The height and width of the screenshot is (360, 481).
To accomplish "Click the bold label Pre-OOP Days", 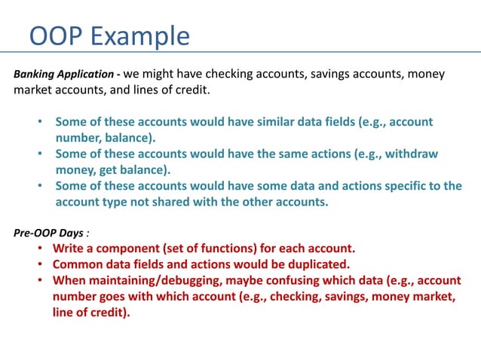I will tap(48, 233).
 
